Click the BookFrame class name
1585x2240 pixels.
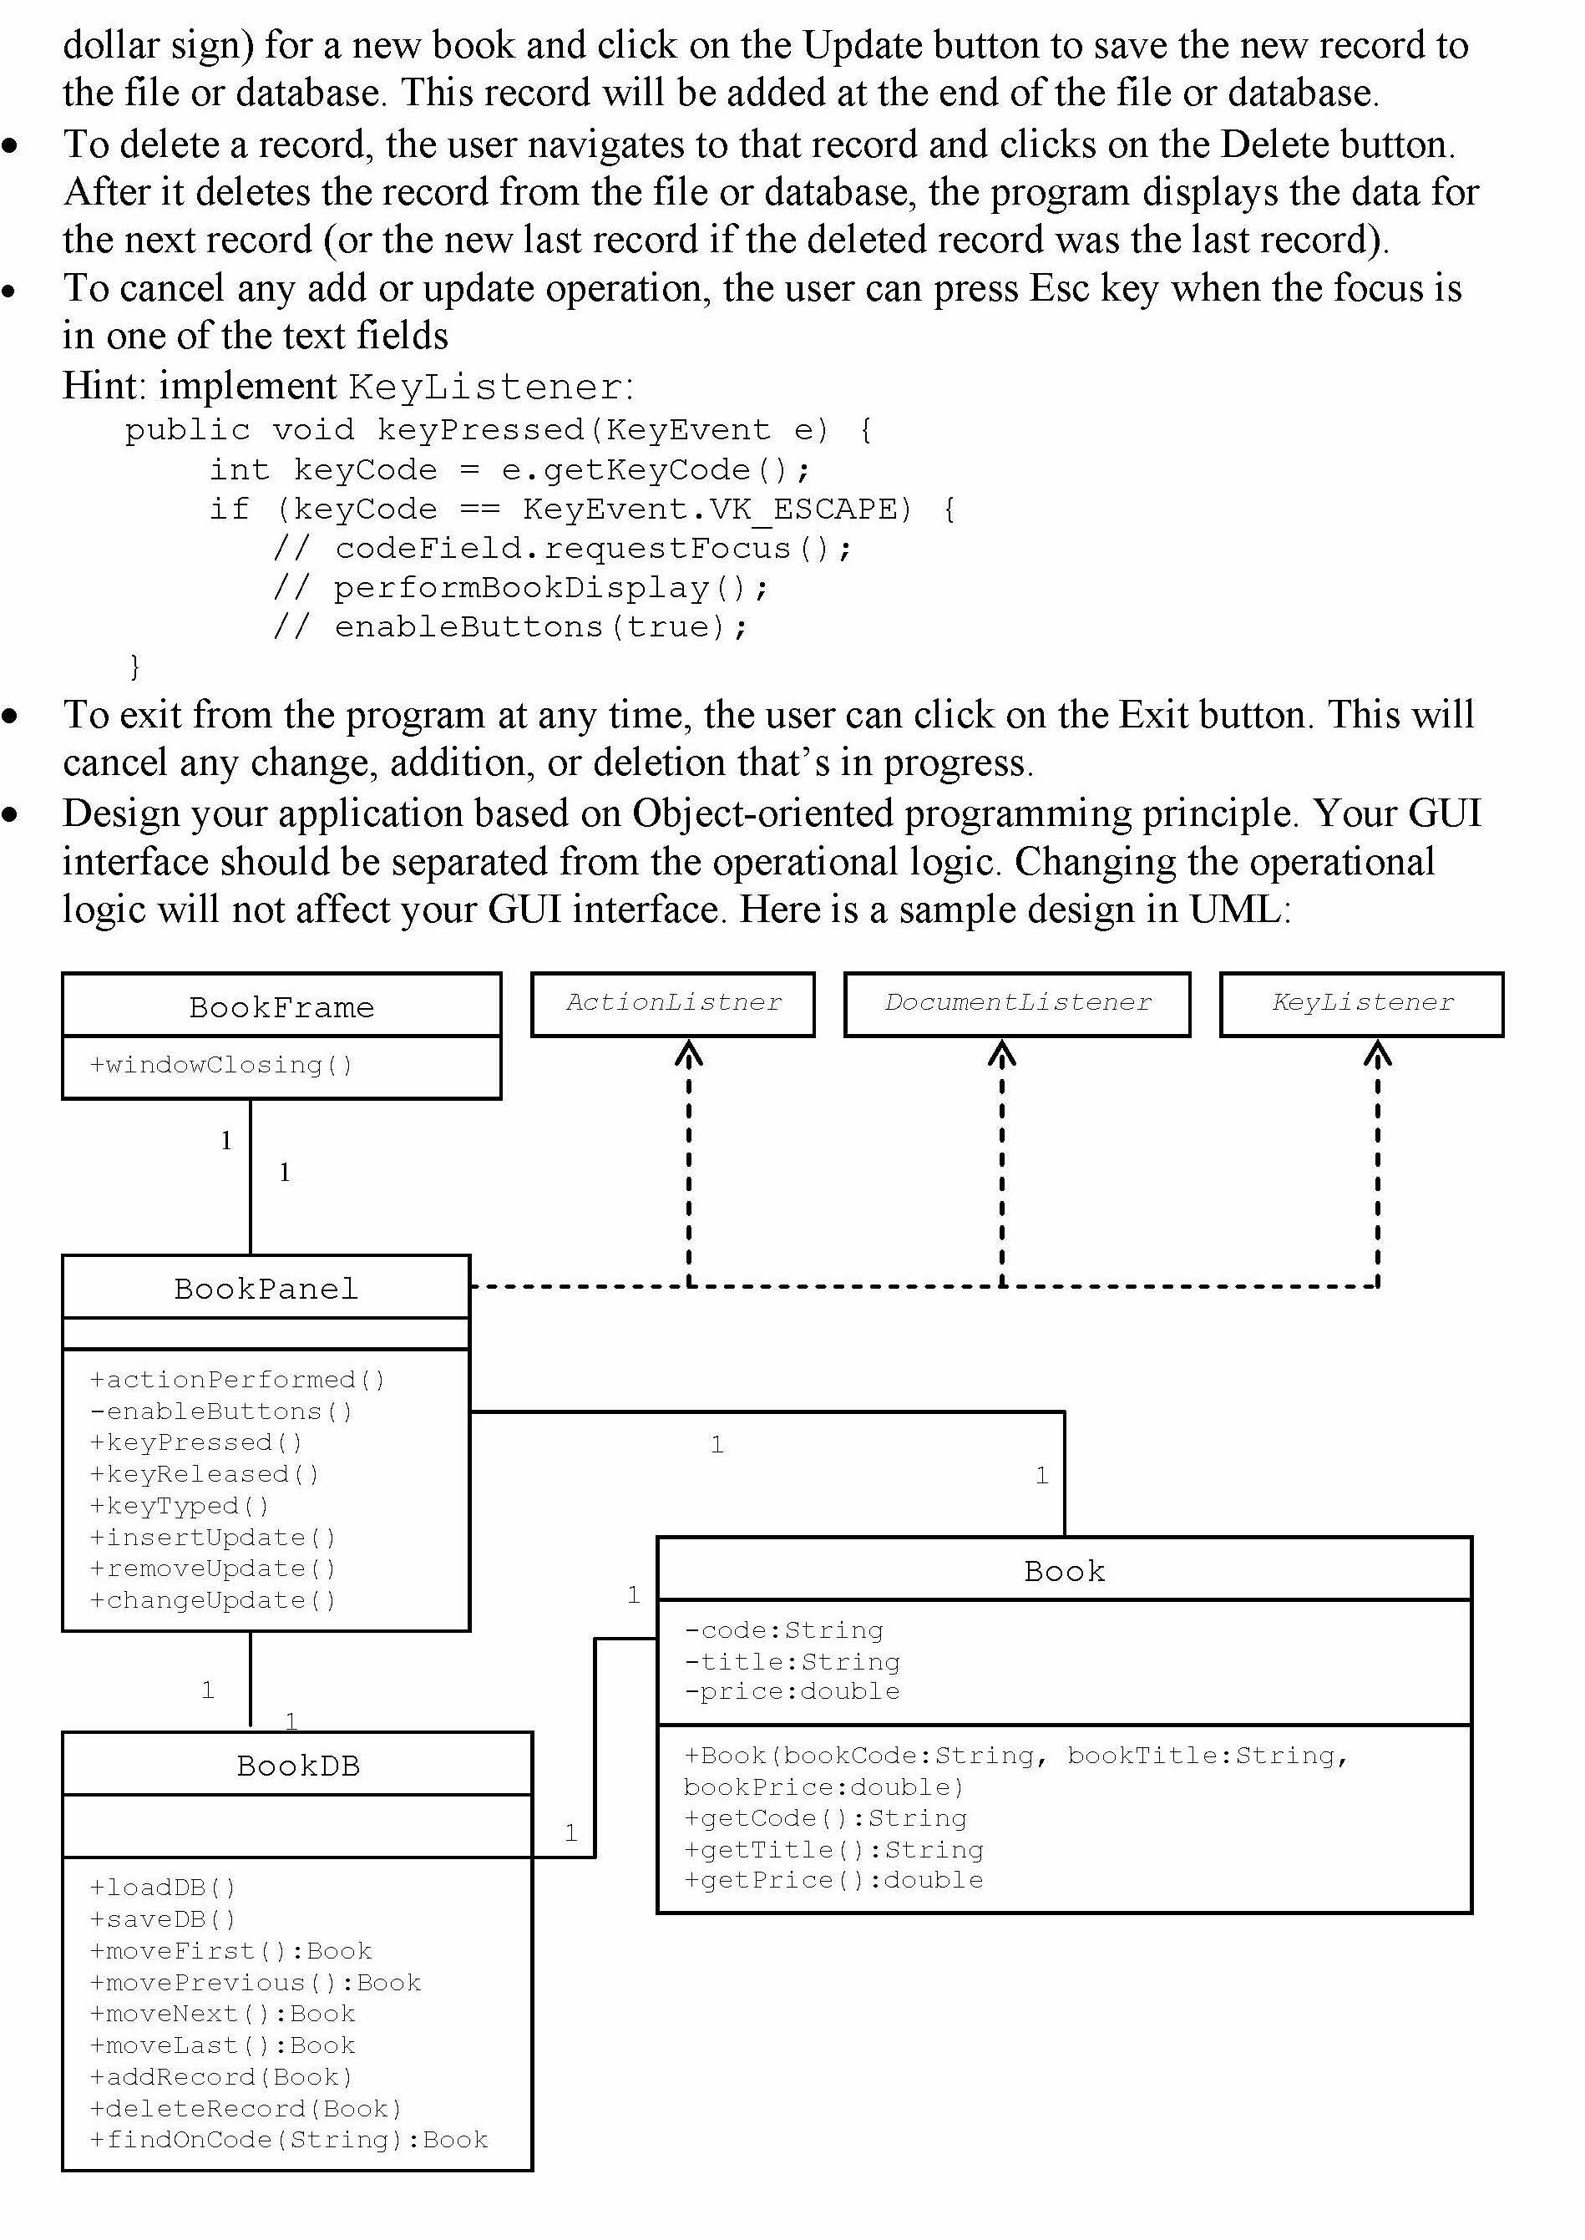tap(281, 1006)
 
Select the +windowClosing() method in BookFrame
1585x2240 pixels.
tap(220, 1064)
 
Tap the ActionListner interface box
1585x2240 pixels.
tap(673, 1002)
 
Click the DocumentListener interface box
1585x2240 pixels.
tap(1017, 1002)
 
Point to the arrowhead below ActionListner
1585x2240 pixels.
tap(689, 1054)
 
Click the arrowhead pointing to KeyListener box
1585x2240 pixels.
tap(1377, 1054)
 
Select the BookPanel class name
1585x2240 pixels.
tap(266, 1289)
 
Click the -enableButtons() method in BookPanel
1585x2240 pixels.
tap(220, 1411)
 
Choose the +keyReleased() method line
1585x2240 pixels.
tap(204, 1474)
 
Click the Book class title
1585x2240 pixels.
tap(1064, 1570)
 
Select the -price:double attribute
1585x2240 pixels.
tap(792, 1691)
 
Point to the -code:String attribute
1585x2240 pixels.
tap(783, 1630)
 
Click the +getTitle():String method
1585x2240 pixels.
tap(833, 1850)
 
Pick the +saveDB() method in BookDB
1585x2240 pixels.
tap(163, 1919)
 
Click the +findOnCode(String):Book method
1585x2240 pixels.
tap(288, 2140)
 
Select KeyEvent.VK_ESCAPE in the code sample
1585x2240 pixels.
tap(717, 509)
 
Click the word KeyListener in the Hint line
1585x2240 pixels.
tap(487, 388)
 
